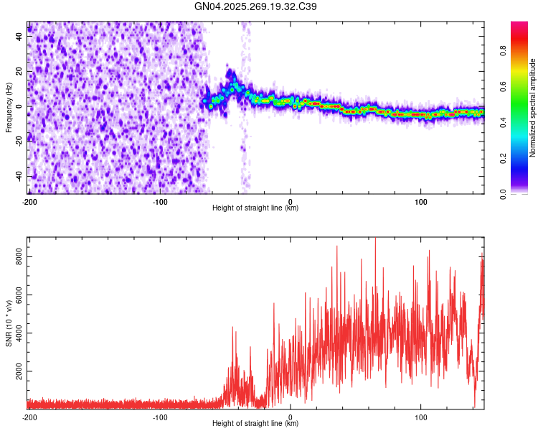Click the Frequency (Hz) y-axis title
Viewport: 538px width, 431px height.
pyautogui.click(x=9, y=108)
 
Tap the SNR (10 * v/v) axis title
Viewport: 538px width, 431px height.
pyautogui.click(x=9, y=323)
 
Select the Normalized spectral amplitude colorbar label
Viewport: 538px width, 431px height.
pyautogui.click(x=532, y=108)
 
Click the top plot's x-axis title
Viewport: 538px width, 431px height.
pyautogui.click(x=255, y=208)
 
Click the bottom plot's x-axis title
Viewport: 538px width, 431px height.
pyautogui.click(x=255, y=423)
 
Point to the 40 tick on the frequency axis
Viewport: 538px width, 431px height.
pyautogui.click(x=19, y=37)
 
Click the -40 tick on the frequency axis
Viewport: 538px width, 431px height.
pyautogui.click(x=18, y=176)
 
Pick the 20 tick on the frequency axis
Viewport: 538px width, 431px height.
pyautogui.click(x=19, y=72)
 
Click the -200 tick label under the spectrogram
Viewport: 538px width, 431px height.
pyautogui.click(x=29, y=201)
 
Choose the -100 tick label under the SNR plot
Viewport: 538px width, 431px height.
pyautogui.click(x=160, y=417)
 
